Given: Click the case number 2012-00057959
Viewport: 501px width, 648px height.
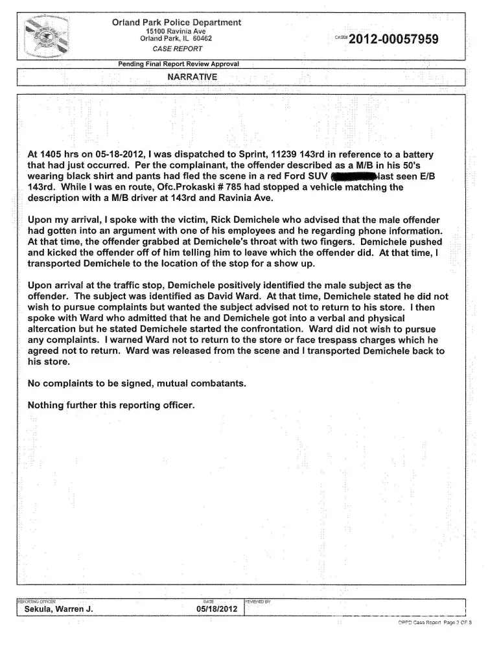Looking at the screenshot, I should (x=393, y=40).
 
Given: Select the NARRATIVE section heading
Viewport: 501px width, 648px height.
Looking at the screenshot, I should (x=192, y=76).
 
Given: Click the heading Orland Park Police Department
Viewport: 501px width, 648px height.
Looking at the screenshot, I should (x=177, y=23).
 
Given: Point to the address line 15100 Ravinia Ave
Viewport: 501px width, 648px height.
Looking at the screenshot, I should (x=176, y=31).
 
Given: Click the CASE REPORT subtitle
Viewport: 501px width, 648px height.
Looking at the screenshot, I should (x=177, y=49).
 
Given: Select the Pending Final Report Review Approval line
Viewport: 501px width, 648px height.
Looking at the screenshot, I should (x=179, y=64).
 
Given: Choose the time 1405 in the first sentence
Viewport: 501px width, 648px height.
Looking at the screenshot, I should (x=53, y=156).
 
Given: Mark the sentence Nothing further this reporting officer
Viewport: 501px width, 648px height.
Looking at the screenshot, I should (x=111, y=406).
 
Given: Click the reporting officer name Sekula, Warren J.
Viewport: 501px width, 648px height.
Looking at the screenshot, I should (x=59, y=609).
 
